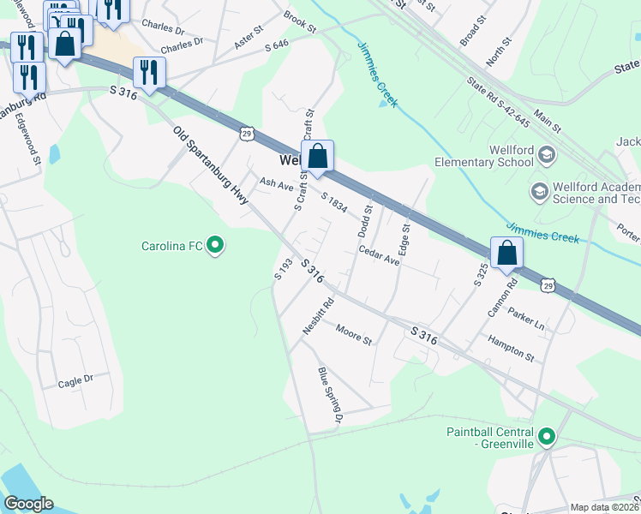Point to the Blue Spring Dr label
330,395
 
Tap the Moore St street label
353,334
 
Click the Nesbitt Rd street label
317,314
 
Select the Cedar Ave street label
380,255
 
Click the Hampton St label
511,348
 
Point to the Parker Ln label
526,319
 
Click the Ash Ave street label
277,184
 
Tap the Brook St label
300,21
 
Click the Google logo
28,504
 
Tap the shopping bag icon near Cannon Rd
506,254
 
